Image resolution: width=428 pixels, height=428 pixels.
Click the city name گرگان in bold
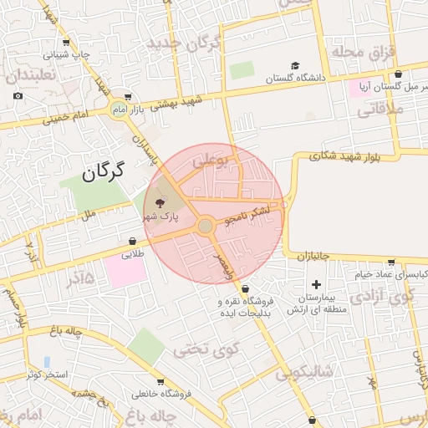(x=103, y=171)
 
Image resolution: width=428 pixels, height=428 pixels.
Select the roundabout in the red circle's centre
(x=206, y=226)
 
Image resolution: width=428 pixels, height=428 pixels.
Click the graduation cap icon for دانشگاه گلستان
(x=294, y=65)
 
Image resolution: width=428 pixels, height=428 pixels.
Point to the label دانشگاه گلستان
(x=294, y=78)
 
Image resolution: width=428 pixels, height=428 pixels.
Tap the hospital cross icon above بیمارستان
(x=316, y=286)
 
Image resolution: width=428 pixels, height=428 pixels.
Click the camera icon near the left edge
(x=18, y=96)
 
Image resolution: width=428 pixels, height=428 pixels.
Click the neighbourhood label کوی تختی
(x=206, y=348)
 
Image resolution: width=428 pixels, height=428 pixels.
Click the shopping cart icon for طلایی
(x=133, y=242)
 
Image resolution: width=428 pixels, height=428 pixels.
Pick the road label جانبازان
(x=313, y=255)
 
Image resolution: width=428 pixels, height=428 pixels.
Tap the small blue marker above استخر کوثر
(x=47, y=362)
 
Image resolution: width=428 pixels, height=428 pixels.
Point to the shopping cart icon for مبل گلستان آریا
(x=398, y=74)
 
